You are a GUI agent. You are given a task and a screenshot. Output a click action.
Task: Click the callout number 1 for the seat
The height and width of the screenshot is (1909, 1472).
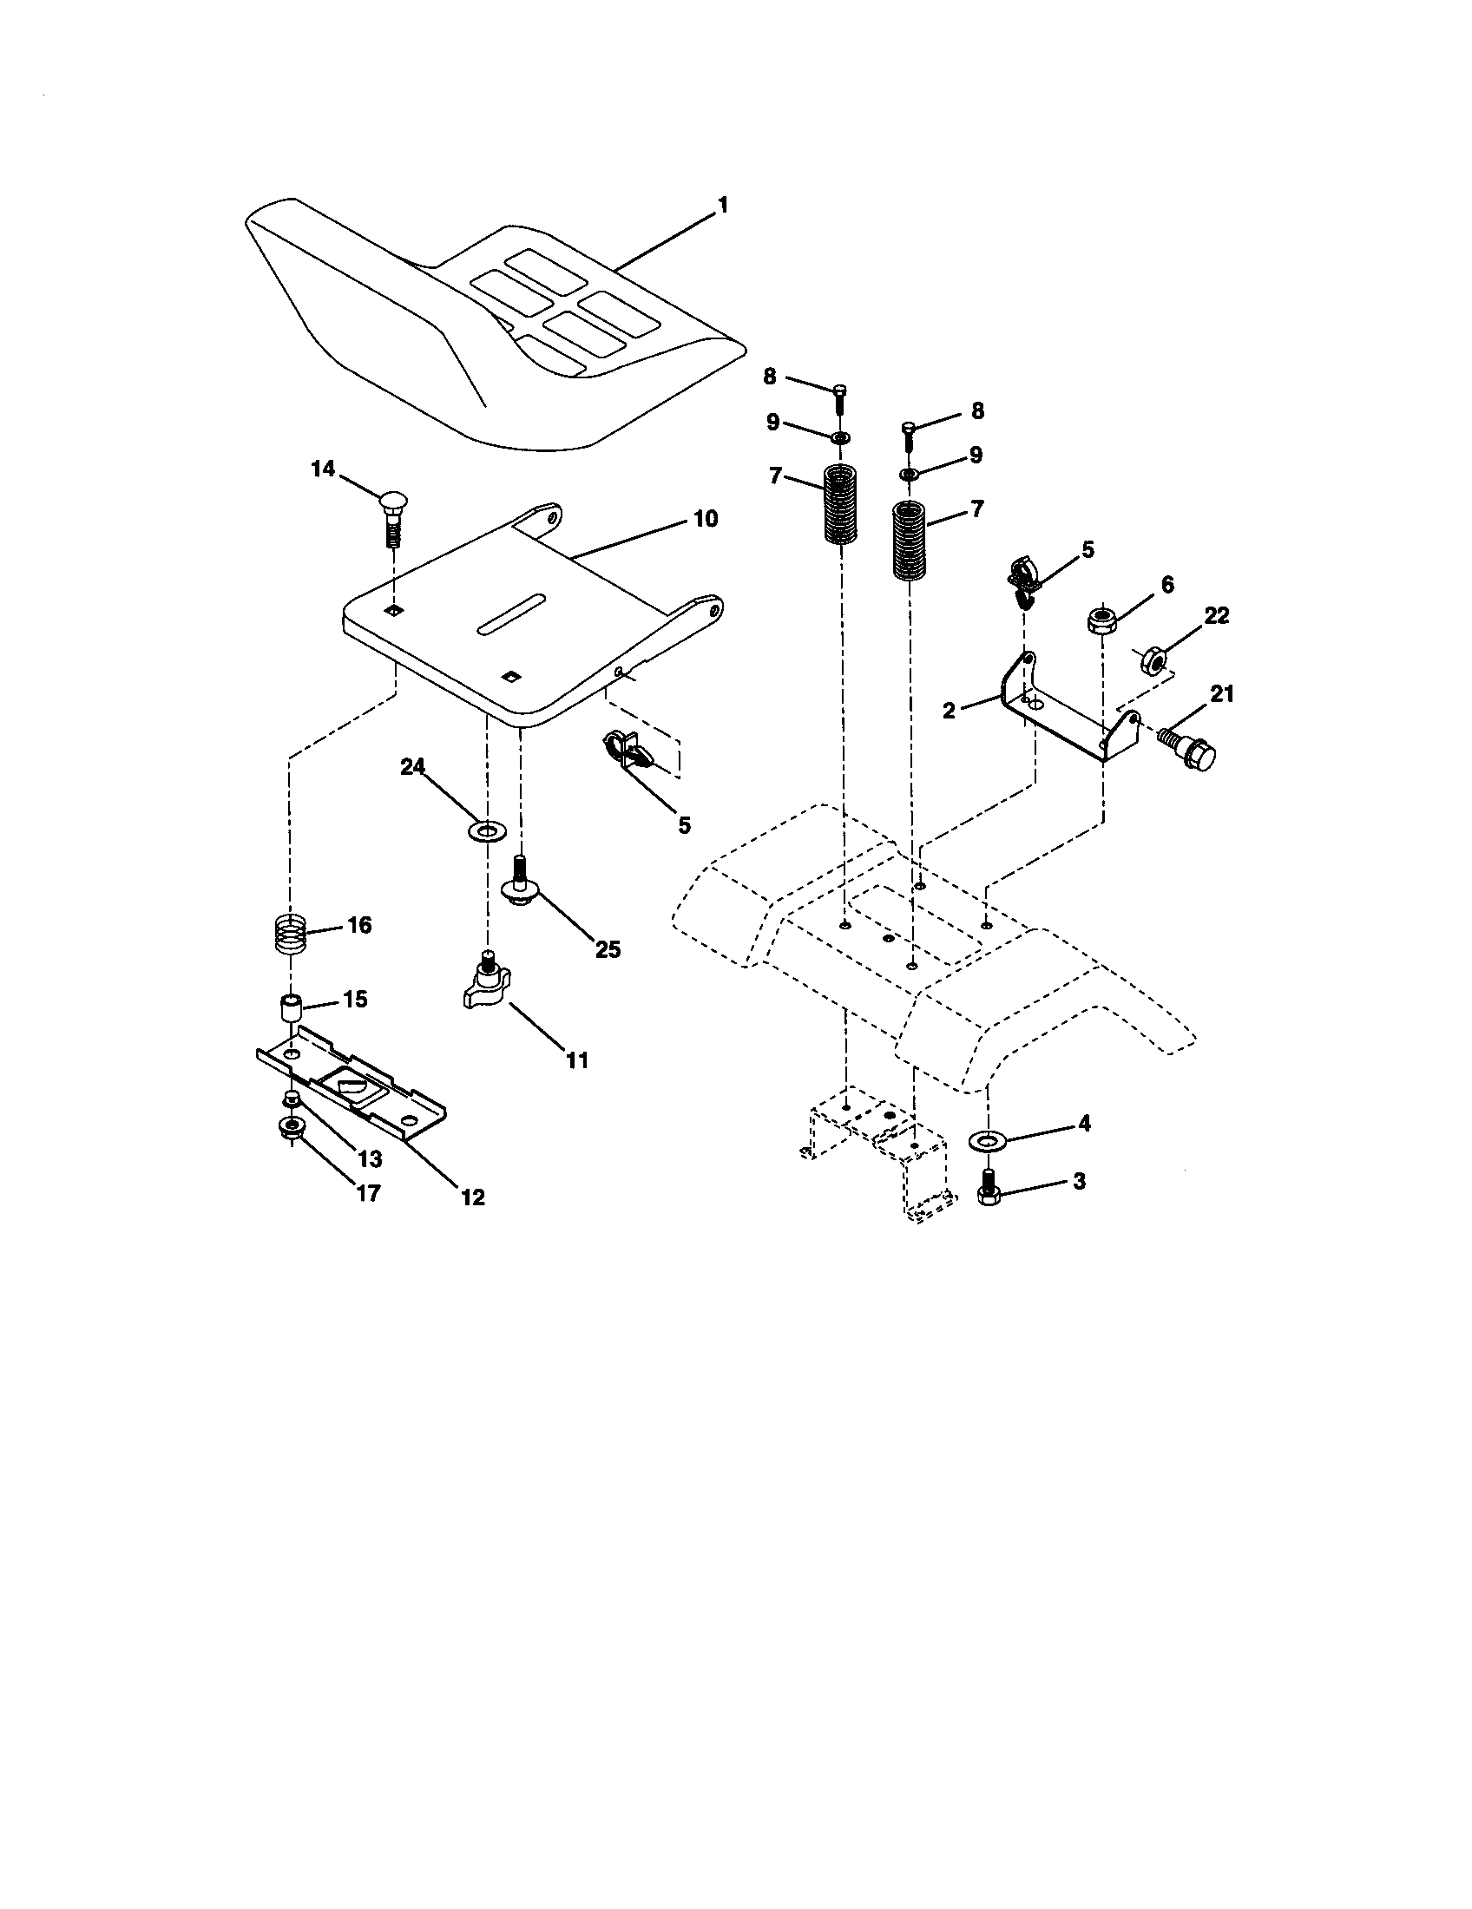pos(722,206)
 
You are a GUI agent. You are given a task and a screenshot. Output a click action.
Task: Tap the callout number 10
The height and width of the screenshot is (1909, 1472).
pos(705,518)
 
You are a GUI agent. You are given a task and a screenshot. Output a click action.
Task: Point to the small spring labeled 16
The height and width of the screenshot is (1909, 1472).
pos(289,934)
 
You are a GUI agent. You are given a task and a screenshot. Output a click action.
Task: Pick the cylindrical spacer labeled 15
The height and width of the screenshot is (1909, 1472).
pos(289,1006)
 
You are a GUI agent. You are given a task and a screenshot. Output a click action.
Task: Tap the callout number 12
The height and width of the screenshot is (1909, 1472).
pos(472,1197)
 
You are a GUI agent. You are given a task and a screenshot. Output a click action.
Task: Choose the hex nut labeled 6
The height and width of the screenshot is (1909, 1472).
pos(1101,621)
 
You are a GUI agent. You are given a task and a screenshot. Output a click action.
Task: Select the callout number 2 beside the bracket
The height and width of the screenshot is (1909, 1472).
pos(950,710)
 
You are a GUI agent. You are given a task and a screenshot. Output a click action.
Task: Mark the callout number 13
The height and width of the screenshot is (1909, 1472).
pos(370,1159)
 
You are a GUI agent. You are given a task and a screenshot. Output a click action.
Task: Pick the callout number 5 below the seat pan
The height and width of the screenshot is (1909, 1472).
pos(684,824)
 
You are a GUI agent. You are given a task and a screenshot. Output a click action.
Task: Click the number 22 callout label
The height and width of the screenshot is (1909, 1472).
pos(1215,615)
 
